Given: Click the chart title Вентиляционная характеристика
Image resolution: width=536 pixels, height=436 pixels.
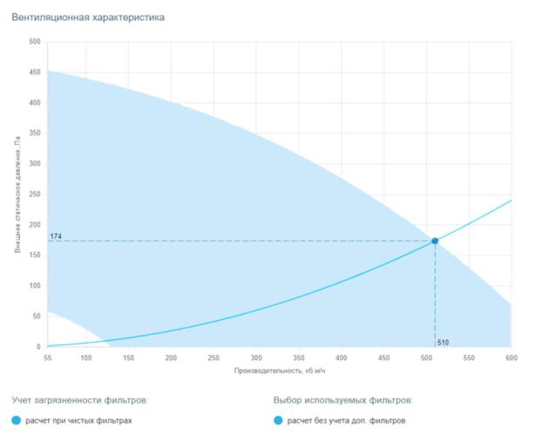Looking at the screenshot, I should pos(88,17).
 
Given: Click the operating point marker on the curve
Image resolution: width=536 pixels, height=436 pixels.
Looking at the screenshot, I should pos(435,242).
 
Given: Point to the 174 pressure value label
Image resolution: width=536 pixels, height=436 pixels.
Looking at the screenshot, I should pos(56,236).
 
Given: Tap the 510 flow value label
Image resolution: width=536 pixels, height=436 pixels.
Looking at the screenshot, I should pos(443,342).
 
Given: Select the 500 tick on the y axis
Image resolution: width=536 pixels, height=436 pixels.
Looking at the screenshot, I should pos(35,42).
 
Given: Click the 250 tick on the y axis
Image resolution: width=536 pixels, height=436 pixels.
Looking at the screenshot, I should pos(35,194).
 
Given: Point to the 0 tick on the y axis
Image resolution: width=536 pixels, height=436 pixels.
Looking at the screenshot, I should pos(38,347).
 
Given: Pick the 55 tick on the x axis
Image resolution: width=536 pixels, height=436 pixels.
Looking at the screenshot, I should pos(47,358).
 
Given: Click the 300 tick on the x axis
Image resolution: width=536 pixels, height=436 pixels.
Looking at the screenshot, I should pos(256,358).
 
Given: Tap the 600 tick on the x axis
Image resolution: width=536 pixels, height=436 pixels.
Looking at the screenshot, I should pos(512,358).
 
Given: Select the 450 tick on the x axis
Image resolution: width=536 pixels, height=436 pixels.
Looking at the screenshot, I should pos(383,358).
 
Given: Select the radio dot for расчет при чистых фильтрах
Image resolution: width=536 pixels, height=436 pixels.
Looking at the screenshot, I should pos(17,420).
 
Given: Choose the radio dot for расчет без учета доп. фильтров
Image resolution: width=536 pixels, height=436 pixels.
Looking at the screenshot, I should pos(278,420).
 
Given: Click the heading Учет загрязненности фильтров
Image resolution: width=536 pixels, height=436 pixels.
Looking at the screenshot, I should pos(80,400).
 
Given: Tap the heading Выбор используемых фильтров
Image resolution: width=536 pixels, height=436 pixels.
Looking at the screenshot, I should pos(343,400).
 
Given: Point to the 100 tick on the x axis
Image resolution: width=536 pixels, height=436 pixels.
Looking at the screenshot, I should pos(85,358).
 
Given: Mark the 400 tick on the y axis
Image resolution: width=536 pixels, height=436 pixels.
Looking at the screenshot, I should pos(35,103).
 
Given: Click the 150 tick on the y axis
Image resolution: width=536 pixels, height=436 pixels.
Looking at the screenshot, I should pos(35,255).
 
